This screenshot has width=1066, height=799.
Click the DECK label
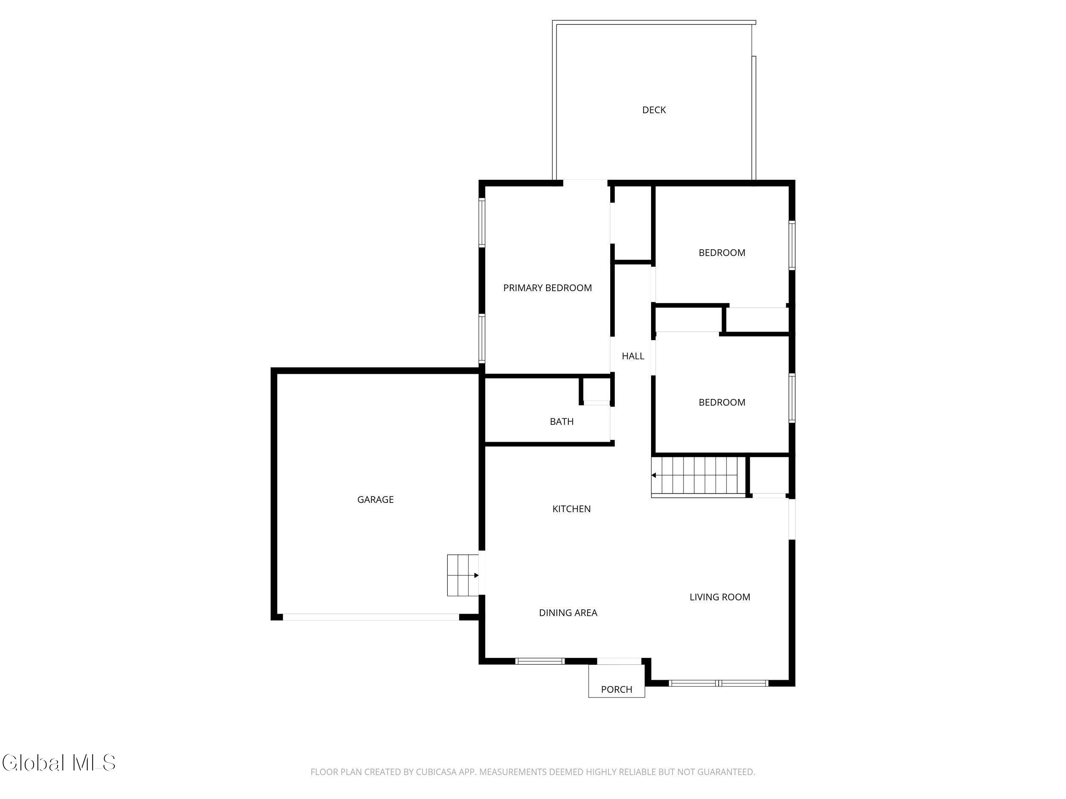point(654,110)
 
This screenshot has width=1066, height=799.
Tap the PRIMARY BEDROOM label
point(547,288)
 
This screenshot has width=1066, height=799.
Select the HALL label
point(633,356)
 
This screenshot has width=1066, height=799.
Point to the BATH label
point(562,421)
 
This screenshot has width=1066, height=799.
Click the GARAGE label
point(375,499)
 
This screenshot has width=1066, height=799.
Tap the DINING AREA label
point(568,613)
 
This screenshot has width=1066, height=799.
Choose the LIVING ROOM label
point(720,597)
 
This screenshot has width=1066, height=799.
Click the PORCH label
point(617,689)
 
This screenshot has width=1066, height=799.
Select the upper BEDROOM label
point(722,253)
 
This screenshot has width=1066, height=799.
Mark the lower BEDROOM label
point(722,402)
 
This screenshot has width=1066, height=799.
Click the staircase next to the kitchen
point(698,476)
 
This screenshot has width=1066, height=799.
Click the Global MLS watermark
point(59,763)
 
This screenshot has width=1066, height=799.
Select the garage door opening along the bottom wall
point(371,617)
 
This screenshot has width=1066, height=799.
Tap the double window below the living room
point(718,683)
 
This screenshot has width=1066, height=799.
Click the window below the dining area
point(540,661)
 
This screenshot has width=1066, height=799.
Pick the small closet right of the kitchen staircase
point(769,476)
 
